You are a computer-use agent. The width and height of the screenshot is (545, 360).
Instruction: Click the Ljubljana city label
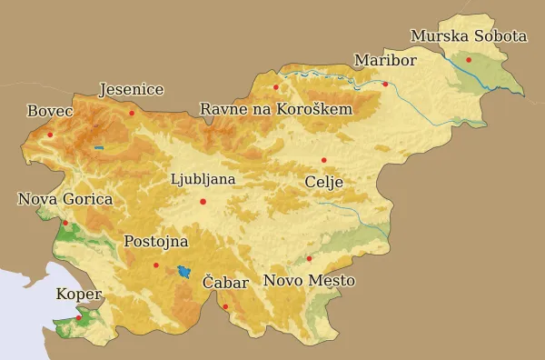pos(203,179)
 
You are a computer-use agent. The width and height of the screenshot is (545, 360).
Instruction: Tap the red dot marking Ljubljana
pos(203,201)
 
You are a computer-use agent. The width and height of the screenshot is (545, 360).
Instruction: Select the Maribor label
pos(385,61)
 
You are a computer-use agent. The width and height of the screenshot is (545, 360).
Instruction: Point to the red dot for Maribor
pos(385,84)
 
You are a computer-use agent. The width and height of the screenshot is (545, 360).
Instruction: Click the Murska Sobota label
pos(468,37)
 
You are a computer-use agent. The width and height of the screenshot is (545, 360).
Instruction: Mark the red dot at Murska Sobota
pos(469,60)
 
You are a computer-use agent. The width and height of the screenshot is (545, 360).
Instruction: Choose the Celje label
pos(324,182)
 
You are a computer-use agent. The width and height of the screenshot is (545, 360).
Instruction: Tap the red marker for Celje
pos(323,160)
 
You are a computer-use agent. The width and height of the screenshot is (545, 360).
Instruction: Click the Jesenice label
pos(131,90)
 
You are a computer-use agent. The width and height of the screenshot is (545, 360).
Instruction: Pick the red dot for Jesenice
pos(132,113)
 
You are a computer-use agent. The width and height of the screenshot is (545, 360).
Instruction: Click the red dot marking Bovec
pos(50,135)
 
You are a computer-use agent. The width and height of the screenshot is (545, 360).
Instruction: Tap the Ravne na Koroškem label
pos(276,110)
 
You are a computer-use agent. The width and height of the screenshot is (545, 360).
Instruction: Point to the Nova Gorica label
pos(65,199)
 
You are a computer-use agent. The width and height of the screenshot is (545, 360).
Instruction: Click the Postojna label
pos(155,242)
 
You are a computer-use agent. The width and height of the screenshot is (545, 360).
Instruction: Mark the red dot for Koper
pos(79,317)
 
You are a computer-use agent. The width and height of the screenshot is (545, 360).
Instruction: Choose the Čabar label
pos(225,284)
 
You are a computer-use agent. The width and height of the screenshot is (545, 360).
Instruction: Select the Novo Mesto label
pos(309,281)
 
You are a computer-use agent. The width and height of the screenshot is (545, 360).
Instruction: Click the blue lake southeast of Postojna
pos(185,272)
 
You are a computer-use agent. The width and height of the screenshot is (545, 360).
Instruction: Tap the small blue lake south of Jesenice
pos(98,147)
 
